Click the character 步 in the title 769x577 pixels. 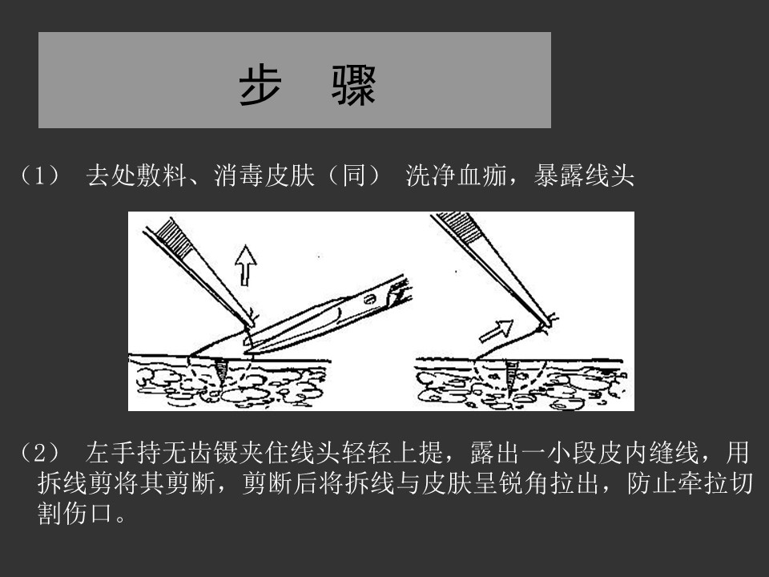point(260,85)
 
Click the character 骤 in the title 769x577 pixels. point(353,85)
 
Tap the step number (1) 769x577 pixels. point(40,176)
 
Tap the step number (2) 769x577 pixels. point(40,452)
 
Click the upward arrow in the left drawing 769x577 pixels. point(245,265)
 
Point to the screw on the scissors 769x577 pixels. point(370,299)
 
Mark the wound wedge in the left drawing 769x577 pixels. point(220,371)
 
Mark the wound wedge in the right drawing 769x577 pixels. point(513,375)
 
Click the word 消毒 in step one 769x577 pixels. point(239,176)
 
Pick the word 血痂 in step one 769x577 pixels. point(482,176)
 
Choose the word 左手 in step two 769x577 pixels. point(111,452)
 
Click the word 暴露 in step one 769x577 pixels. point(558,176)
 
